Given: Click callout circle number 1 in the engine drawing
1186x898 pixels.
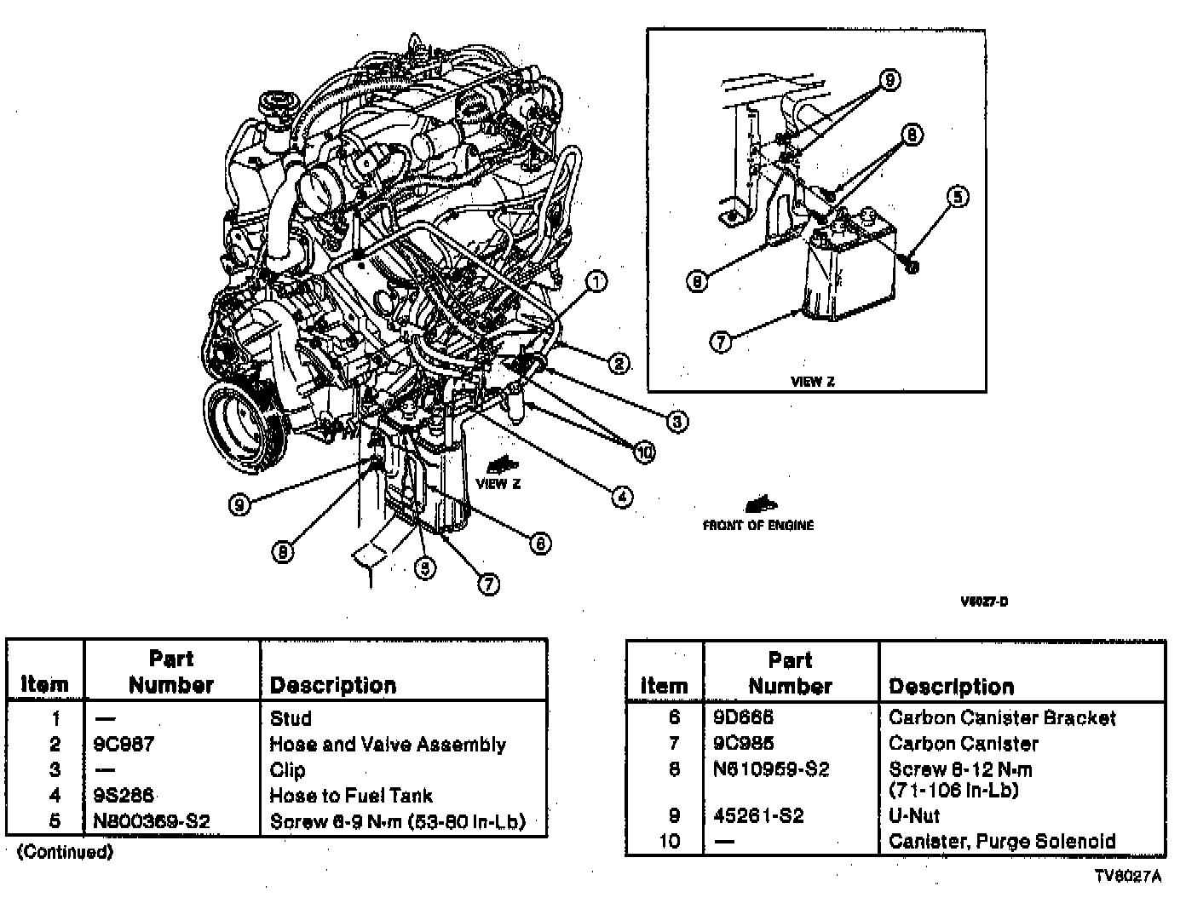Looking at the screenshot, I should point(596,281).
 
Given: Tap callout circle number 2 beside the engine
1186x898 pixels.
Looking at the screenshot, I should point(619,364).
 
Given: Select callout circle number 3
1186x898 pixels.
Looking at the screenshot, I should point(677,421).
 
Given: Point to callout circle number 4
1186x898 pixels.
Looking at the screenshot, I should point(623,497).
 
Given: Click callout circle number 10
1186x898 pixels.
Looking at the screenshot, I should point(645,452).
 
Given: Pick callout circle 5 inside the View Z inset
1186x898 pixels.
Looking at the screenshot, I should point(958,198).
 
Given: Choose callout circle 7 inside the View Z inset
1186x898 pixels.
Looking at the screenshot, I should point(721,343).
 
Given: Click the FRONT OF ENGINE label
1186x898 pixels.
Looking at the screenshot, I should point(757,525).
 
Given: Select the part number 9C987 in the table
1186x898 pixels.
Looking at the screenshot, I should point(124,745).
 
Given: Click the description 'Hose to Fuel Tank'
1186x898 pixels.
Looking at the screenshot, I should point(351,796).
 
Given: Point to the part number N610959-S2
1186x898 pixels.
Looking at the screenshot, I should point(770,769).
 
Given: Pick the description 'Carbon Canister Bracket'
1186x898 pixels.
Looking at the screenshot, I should point(1002,718).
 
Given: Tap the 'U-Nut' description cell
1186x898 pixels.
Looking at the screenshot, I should point(914,816).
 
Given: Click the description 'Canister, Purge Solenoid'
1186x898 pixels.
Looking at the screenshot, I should point(1002,842).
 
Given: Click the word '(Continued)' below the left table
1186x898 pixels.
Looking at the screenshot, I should point(65,852).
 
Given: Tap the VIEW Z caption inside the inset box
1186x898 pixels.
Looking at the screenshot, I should point(812,382).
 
